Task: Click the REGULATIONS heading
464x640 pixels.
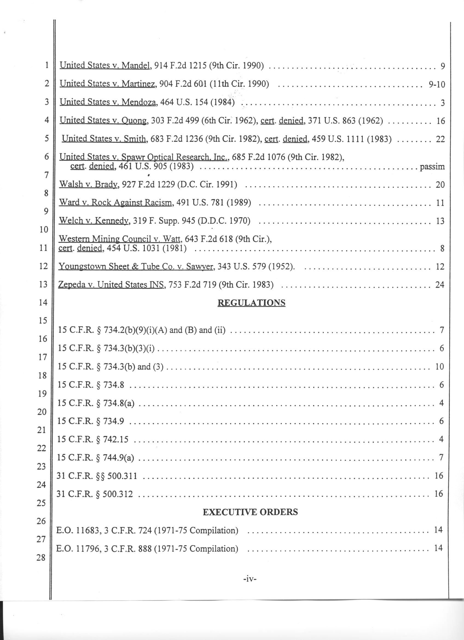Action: tap(251, 303)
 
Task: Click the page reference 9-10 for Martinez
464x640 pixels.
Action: tap(437, 84)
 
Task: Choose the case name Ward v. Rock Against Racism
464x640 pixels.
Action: tap(115, 202)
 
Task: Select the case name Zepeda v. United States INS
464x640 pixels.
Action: tap(111, 285)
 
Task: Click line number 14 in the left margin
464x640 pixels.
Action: tap(43, 303)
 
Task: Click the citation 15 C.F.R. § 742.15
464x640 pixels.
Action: tap(93, 439)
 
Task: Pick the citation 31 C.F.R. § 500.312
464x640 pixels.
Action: tap(94, 494)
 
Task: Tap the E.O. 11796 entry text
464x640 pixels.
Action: tap(147, 549)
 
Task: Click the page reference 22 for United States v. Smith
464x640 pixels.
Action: tap(440, 139)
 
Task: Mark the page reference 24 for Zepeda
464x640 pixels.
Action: tap(439, 285)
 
